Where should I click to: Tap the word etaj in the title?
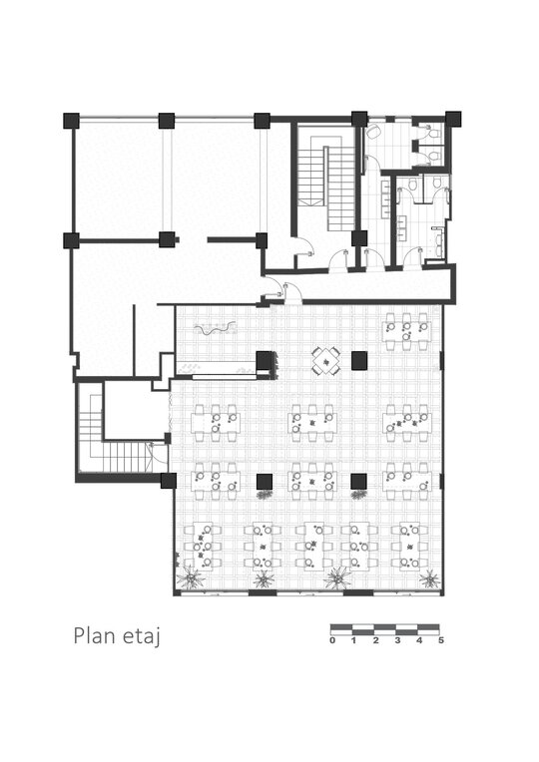(142, 636)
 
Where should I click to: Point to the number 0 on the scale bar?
(332, 640)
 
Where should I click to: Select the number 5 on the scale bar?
(441, 640)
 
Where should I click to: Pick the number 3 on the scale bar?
(397, 640)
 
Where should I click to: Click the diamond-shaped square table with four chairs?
(326, 361)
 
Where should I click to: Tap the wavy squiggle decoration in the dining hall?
(215, 328)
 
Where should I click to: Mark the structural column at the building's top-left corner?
(71, 120)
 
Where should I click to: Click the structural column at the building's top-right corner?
(453, 119)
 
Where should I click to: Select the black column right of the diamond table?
(359, 360)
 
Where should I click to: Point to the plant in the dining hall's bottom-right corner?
(429, 578)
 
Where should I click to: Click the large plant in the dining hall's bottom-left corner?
(191, 577)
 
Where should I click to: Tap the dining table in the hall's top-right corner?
(406, 331)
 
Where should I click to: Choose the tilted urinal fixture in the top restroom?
(374, 131)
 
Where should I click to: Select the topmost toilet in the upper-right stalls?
(432, 131)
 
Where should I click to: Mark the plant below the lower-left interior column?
(266, 495)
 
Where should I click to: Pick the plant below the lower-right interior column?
(358, 495)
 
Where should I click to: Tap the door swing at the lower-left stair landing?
(157, 454)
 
